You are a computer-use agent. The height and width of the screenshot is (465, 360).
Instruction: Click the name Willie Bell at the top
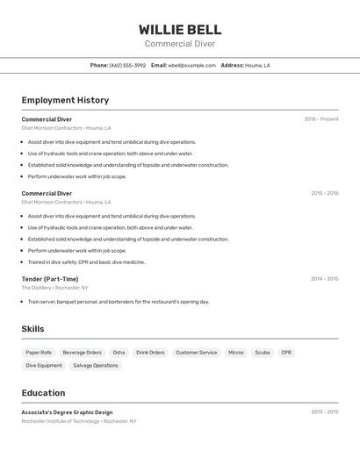180,30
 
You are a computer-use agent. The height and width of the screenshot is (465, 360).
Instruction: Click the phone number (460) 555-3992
127,65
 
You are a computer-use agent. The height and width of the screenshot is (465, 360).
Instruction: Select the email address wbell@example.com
191,65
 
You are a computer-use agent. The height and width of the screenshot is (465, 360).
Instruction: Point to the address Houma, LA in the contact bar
257,65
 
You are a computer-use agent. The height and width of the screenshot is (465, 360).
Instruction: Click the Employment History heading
65,100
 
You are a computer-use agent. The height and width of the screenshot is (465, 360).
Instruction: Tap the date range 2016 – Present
320,119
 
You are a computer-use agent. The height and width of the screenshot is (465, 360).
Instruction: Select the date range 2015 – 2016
324,193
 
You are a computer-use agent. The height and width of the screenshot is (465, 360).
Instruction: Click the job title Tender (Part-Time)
50,279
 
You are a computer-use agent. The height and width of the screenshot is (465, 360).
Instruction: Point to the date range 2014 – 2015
324,279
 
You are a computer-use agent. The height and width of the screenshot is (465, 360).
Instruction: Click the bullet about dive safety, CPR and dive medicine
86,261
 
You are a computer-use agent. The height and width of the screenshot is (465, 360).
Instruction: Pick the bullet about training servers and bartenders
118,301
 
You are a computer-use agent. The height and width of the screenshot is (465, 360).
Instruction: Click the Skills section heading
32,329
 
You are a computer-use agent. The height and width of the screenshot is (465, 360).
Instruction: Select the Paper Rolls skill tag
39,353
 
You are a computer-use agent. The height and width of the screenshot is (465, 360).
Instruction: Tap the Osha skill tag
119,353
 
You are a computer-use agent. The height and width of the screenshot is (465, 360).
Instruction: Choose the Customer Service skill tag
196,353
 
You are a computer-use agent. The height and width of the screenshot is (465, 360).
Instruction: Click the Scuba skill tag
262,353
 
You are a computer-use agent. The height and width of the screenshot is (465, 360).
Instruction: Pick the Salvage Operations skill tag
95,365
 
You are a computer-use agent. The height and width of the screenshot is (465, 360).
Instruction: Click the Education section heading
43,393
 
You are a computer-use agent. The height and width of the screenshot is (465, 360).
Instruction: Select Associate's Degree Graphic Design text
67,411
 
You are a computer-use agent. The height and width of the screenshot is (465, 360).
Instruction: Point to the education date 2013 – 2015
324,411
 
